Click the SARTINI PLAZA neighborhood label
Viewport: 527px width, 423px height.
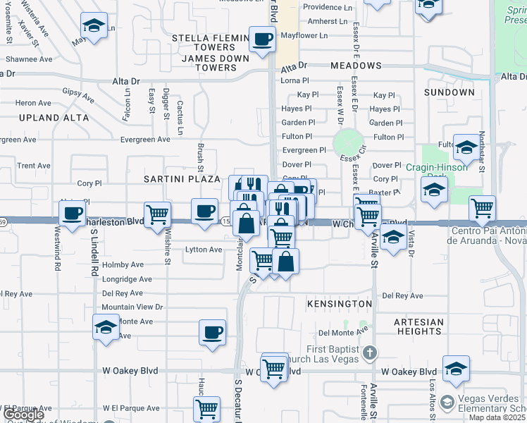(x=182, y=179)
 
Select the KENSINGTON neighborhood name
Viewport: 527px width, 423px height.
(x=340, y=303)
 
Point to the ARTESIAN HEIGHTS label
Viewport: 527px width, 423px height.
(x=418, y=326)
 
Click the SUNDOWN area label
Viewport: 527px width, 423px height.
(x=449, y=92)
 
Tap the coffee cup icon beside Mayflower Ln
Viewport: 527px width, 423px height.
(x=262, y=39)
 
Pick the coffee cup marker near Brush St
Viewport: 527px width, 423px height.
(x=205, y=210)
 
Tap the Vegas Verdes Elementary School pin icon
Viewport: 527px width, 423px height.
(x=446, y=403)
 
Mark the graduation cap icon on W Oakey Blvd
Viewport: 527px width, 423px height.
(x=456, y=368)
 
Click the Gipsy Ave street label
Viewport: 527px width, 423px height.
(x=77, y=94)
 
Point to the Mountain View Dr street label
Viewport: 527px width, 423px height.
(x=132, y=307)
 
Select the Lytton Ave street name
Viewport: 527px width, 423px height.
(x=204, y=250)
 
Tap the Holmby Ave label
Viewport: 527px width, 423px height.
(x=123, y=265)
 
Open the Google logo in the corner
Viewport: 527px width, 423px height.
(x=23, y=414)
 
